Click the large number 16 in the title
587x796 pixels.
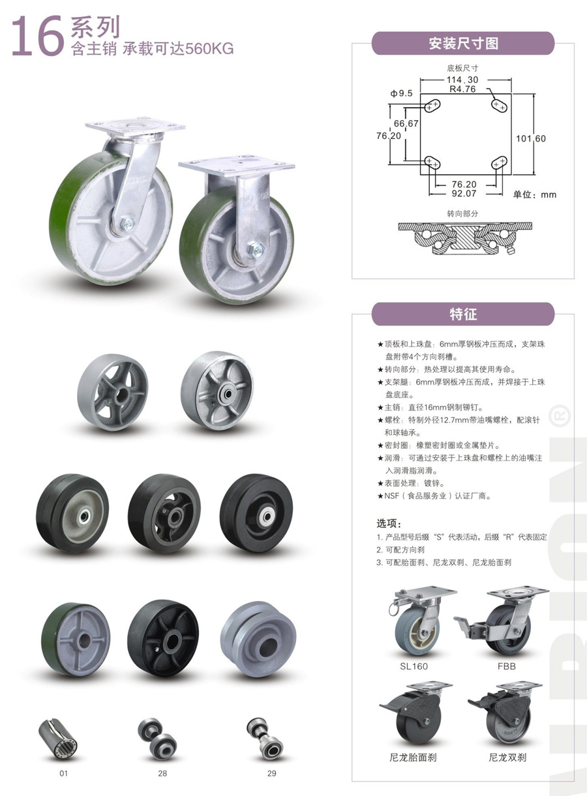point(38,37)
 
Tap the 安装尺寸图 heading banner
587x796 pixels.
point(463,43)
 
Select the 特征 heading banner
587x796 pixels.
point(463,314)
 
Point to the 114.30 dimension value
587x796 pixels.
point(462,80)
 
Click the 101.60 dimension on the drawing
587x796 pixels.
point(531,138)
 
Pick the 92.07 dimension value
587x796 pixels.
point(464,194)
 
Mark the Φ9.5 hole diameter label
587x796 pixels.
point(401,93)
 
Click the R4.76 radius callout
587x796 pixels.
point(462,89)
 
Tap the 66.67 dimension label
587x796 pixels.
point(406,123)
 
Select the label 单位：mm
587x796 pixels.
point(534,194)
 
